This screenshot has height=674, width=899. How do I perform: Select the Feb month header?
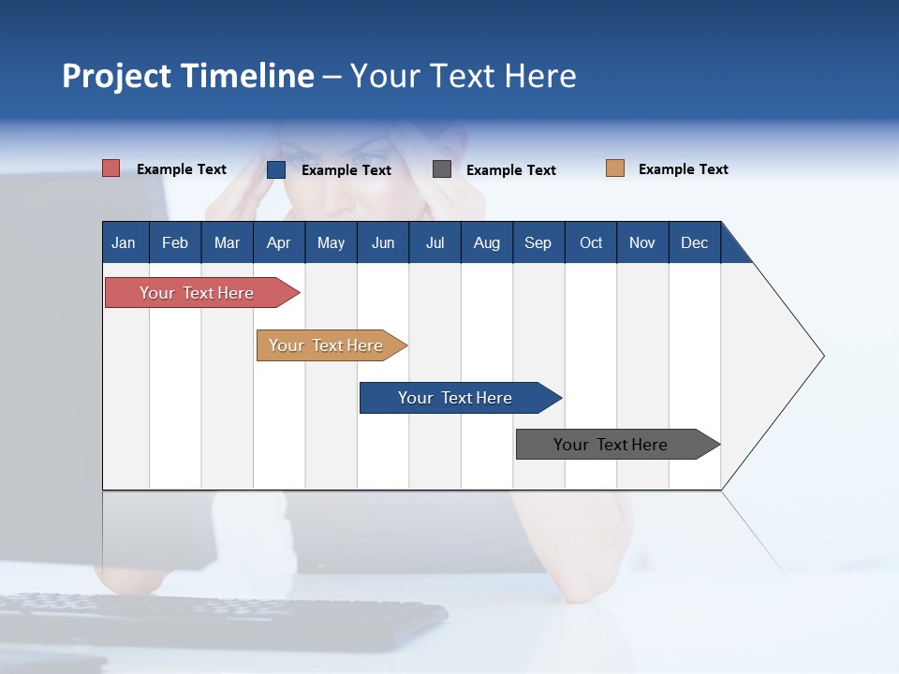coord(175,242)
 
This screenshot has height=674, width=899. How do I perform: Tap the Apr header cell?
coord(279,242)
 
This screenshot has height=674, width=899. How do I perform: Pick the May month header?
coord(331,242)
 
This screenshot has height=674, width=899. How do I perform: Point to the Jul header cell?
coord(435,242)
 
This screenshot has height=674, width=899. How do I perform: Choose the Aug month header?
coord(487,242)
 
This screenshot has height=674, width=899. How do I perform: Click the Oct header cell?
coord(591,242)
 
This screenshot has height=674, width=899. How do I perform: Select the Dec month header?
coord(695,242)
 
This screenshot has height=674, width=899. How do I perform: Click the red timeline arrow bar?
coord(202,293)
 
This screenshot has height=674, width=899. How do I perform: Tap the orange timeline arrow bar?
coord(332,345)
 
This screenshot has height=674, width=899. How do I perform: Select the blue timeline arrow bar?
coord(461,398)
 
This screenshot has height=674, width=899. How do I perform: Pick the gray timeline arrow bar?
coord(618,444)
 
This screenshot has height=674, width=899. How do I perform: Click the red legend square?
coord(111,168)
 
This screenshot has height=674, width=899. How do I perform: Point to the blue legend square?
coord(276,169)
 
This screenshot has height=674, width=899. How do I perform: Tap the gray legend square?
coord(441,169)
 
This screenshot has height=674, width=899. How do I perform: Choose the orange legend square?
coord(615,168)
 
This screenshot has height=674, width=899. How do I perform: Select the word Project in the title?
coord(116,77)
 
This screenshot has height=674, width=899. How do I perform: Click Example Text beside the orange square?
coord(684,169)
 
